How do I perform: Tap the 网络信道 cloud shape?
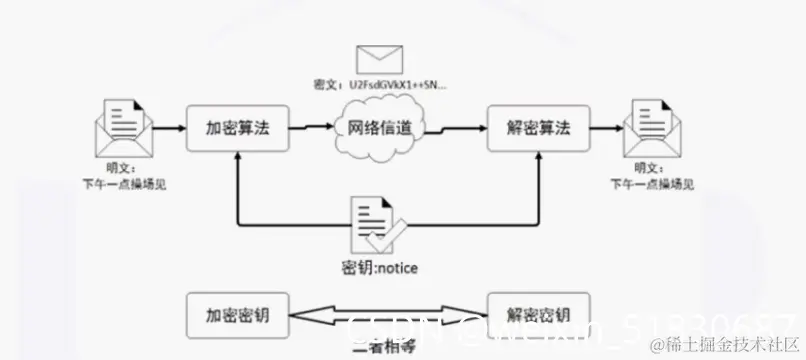click(379, 129)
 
